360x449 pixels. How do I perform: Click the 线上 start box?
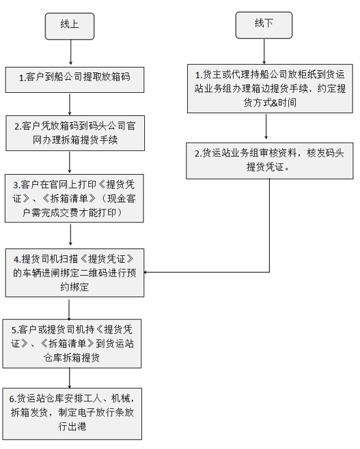click(70, 26)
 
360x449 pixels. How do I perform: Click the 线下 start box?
click(264, 25)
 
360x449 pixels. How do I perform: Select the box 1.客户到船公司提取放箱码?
click(75, 80)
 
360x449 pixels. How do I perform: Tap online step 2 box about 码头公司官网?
click(75, 133)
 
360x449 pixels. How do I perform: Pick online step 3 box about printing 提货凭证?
click(74, 198)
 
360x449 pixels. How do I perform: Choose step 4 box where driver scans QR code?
click(75, 273)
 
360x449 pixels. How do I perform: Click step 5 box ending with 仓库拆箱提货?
click(72, 344)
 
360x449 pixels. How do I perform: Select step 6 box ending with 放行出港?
click(72, 414)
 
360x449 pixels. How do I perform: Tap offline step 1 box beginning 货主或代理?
click(270, 89)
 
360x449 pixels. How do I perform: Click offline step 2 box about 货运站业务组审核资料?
click(270, 160)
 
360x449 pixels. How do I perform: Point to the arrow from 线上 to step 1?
click(70, 52)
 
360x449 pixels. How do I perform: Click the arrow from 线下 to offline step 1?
click(264, 51)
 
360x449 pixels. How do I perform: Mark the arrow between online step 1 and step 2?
click(70, 104)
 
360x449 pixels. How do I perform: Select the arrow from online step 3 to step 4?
click(70, 234)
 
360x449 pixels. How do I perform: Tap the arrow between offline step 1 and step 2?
click(266, 126)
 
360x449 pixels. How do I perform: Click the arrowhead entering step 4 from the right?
click(146, 272)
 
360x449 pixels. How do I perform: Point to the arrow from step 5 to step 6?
click(70, 378)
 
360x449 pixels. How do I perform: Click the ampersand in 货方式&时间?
click(275, 102)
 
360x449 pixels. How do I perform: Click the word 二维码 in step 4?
click(94, 273)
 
